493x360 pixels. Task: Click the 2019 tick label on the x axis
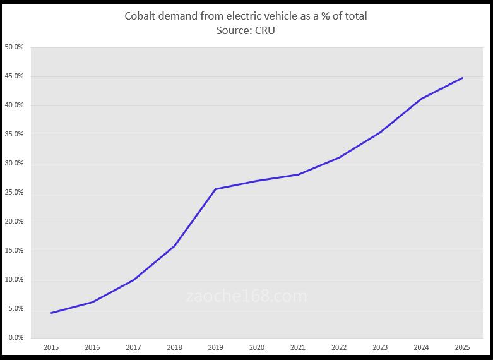point(215,347)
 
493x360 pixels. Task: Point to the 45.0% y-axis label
point(14,76)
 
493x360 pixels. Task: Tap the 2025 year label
point(463,347)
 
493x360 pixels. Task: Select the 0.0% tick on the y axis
point(15,338)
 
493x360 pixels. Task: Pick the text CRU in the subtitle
point(265,30)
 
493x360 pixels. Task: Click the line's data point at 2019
point(215,189)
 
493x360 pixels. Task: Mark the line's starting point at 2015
point(51,313)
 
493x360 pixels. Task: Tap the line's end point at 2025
point(463,78)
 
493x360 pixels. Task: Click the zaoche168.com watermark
point(247,296)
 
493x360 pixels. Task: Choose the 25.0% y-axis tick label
point(14,193)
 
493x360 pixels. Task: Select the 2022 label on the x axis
point(339,347)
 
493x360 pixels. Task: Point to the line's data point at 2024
point(421,99)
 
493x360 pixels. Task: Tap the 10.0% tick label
point(14,280)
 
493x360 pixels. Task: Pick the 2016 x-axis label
point(92,347)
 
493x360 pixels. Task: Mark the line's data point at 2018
point(174,246)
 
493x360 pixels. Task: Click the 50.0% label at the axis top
point(14,47)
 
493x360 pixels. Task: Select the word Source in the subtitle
point(234,30)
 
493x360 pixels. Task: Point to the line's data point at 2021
point(298,174)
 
